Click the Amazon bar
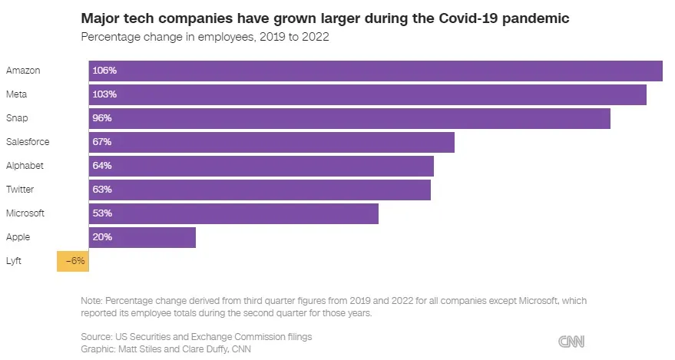pyautogui.click(x=376, y=71)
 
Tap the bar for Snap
pyautogui.click(x=349, y=118)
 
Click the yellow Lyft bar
pyautogui.click(x=72, y=261)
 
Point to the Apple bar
pyautogui.click(x=142, y=237)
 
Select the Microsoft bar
pyautogui.click(x=233, y=213)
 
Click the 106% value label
pyautogui.click(x=104, y=71)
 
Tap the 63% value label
pyautogui.click(x=102, y=190)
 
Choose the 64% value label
pyautogui.click(x=102, y=166)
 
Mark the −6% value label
pyautogui.click(x=75, y=261)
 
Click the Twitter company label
pyautogui.click(x=20, y=190)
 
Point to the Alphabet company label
pyautogui.click(x=25, y=166)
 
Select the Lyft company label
pyautogui.click(x=14, y=261)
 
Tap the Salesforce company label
pyautogui.click(x=28, y=142)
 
